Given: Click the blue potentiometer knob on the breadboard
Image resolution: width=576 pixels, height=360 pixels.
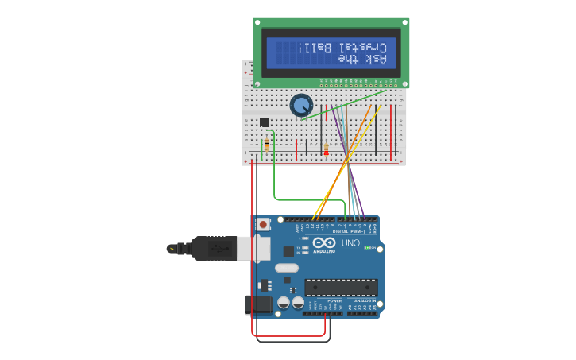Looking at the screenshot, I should [301, 105].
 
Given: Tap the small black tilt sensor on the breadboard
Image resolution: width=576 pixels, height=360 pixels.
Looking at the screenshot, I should [264, 122].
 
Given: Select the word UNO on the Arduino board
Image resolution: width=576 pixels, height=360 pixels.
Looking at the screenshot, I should [350, 242].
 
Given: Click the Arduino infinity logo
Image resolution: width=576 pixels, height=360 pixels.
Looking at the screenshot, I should [324, 242].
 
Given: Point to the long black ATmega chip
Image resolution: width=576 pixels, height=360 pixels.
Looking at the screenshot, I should [341, 287].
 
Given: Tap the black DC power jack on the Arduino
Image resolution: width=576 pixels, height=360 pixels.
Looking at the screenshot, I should [257, 304].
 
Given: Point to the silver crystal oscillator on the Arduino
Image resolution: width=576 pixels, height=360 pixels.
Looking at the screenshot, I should [287, 268].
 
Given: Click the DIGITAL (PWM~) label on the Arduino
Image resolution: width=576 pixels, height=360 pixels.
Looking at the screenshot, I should [338, 231].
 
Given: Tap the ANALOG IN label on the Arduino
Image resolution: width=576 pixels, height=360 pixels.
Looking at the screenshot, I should [364, 300].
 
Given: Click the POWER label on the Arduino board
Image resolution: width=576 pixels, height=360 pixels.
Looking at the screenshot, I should [334, 300].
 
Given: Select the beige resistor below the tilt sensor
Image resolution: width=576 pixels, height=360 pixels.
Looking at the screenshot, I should [266, 145].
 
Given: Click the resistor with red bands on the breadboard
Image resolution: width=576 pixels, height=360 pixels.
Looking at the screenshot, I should [326, 149].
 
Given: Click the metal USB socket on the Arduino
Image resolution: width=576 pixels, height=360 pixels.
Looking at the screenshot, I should [260, 248].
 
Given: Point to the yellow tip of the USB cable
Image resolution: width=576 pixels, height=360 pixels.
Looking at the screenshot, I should [172, 249].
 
